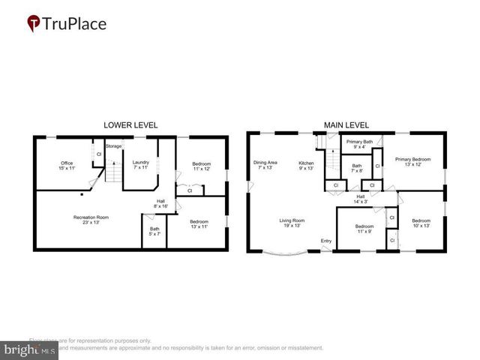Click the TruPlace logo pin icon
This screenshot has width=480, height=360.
[34, 24]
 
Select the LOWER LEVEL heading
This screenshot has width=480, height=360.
[130, 125]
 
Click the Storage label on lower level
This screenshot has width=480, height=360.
[113, 145]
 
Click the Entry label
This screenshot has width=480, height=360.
[325, 240]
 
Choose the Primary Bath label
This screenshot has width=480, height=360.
[359, 144]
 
